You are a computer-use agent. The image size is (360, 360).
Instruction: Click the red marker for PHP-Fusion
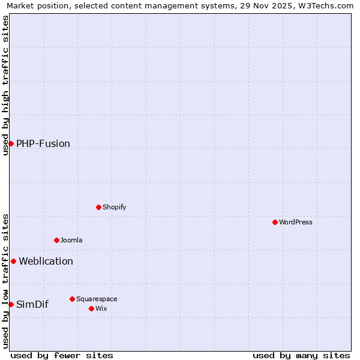click(x=11, y=143)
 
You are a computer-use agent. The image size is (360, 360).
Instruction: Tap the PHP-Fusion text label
click(x=43, y=144)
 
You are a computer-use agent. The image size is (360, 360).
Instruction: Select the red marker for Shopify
click(x=98, y=207)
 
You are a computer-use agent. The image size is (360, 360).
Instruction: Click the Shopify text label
click(x=114, y=208)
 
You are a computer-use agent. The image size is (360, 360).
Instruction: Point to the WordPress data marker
click(x=275, y=222)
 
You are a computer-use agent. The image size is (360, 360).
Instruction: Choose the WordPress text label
click(x=296, y=223)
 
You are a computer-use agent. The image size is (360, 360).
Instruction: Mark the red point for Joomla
click(x=56, y=240)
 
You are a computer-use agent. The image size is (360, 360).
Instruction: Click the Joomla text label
click(x=71, y=241)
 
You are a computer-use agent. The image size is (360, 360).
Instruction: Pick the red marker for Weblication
click(x=13, y=261)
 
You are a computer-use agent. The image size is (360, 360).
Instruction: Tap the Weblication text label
click(x=46, y=262)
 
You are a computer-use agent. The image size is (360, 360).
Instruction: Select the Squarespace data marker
click(x=72, y=299)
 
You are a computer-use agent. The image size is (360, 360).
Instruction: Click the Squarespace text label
click(x=97, y=299)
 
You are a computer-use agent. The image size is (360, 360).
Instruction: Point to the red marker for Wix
click(x=91, y=308)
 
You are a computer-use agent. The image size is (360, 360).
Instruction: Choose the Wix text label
click(x=101, y=309)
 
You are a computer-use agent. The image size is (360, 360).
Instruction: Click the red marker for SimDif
click(x=11, y=304)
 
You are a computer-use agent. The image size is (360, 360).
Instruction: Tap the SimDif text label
click(x=32, y=305)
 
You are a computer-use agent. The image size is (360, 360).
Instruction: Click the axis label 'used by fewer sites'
click(x=62, y=355)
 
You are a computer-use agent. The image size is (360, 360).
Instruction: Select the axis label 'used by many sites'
click(x=301, y=355)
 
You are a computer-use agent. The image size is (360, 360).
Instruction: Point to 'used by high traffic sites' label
click(x=5, y=85)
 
